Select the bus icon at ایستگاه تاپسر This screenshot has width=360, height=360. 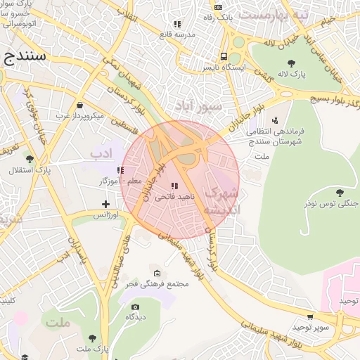224,57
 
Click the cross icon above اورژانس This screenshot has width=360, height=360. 105,203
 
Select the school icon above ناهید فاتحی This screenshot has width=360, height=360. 174,186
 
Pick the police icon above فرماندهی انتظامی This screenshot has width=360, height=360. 274,120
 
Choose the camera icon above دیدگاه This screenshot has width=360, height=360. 136,307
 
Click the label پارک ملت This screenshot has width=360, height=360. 94,349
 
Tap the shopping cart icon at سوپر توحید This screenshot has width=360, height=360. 311,316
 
